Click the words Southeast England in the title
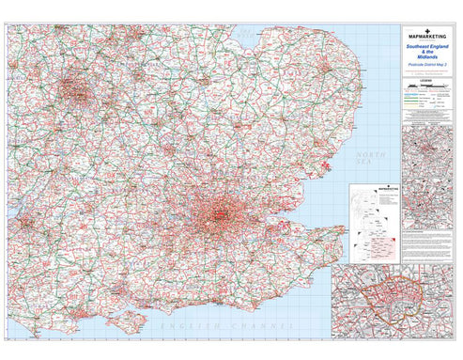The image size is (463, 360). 428,47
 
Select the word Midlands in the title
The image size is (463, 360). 428,58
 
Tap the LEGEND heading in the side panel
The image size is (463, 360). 428,80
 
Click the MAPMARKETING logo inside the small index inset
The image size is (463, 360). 375,189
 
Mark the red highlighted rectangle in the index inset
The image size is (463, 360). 383,246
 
